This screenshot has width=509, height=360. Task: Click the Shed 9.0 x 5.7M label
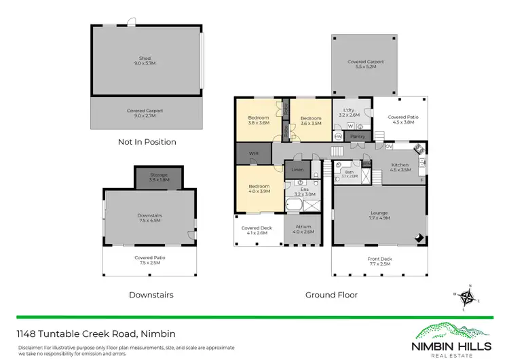pos(146,60)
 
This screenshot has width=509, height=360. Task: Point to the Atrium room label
pos(303,229)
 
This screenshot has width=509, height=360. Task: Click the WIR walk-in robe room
pos(254,154)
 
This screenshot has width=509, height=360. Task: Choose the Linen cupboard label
pos(297,169)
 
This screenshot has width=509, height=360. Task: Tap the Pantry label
pos(358,137)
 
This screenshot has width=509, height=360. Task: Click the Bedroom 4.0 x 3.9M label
pos(259,189)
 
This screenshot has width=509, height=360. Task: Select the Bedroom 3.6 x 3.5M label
pos(310,120)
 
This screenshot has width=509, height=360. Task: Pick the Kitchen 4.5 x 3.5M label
pos(401,167)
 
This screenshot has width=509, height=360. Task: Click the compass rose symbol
pos(466,297)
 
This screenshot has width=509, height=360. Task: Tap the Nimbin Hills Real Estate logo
pos(453,338)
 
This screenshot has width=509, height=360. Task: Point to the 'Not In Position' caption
pos(147,142)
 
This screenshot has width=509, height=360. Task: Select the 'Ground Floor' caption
pos(331,295)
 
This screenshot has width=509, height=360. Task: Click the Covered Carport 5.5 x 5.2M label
pos(365,65)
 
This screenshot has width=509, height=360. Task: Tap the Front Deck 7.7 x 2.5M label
pos(379,260)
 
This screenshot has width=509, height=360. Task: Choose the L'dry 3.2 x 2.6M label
pos(350,113)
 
